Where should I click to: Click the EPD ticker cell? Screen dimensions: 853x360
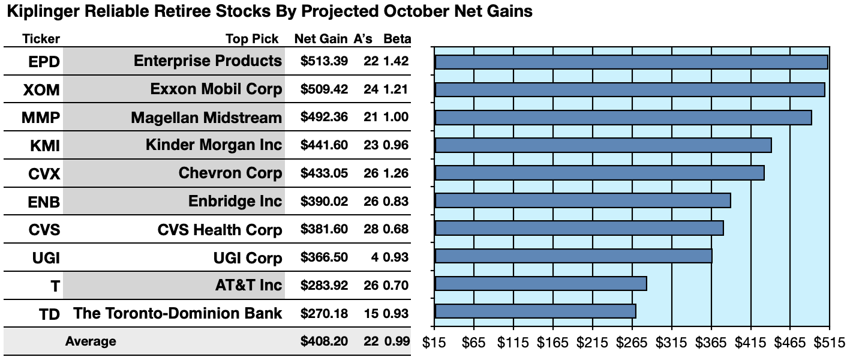coord(44,62)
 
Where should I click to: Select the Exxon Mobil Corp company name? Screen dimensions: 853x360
coord(216,89)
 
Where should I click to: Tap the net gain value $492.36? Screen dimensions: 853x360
coord(324,117)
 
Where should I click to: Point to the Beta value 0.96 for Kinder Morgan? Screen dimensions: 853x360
coord(396,145)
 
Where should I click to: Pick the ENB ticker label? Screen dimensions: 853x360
coord(44,202)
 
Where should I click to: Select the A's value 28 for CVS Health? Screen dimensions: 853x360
coord(371,229)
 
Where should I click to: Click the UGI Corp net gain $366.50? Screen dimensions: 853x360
coord(324,257)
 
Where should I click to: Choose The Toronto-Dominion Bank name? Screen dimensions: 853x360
coord(178,314)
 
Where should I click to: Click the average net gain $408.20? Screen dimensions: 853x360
coord(324,341)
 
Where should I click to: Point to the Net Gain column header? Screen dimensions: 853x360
coord(321,39)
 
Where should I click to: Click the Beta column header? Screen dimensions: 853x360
coord(397,39)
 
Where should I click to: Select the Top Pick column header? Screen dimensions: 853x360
coord(252,39)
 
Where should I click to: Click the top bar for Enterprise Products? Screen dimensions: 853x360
coord(632,62)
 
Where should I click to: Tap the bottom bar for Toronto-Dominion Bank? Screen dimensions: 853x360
coord(536,311)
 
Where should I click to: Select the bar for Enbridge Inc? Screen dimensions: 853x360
coord(582,200)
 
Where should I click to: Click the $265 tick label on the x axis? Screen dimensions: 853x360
coord(632,343)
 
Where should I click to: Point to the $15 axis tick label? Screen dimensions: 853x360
coord(434,343)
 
